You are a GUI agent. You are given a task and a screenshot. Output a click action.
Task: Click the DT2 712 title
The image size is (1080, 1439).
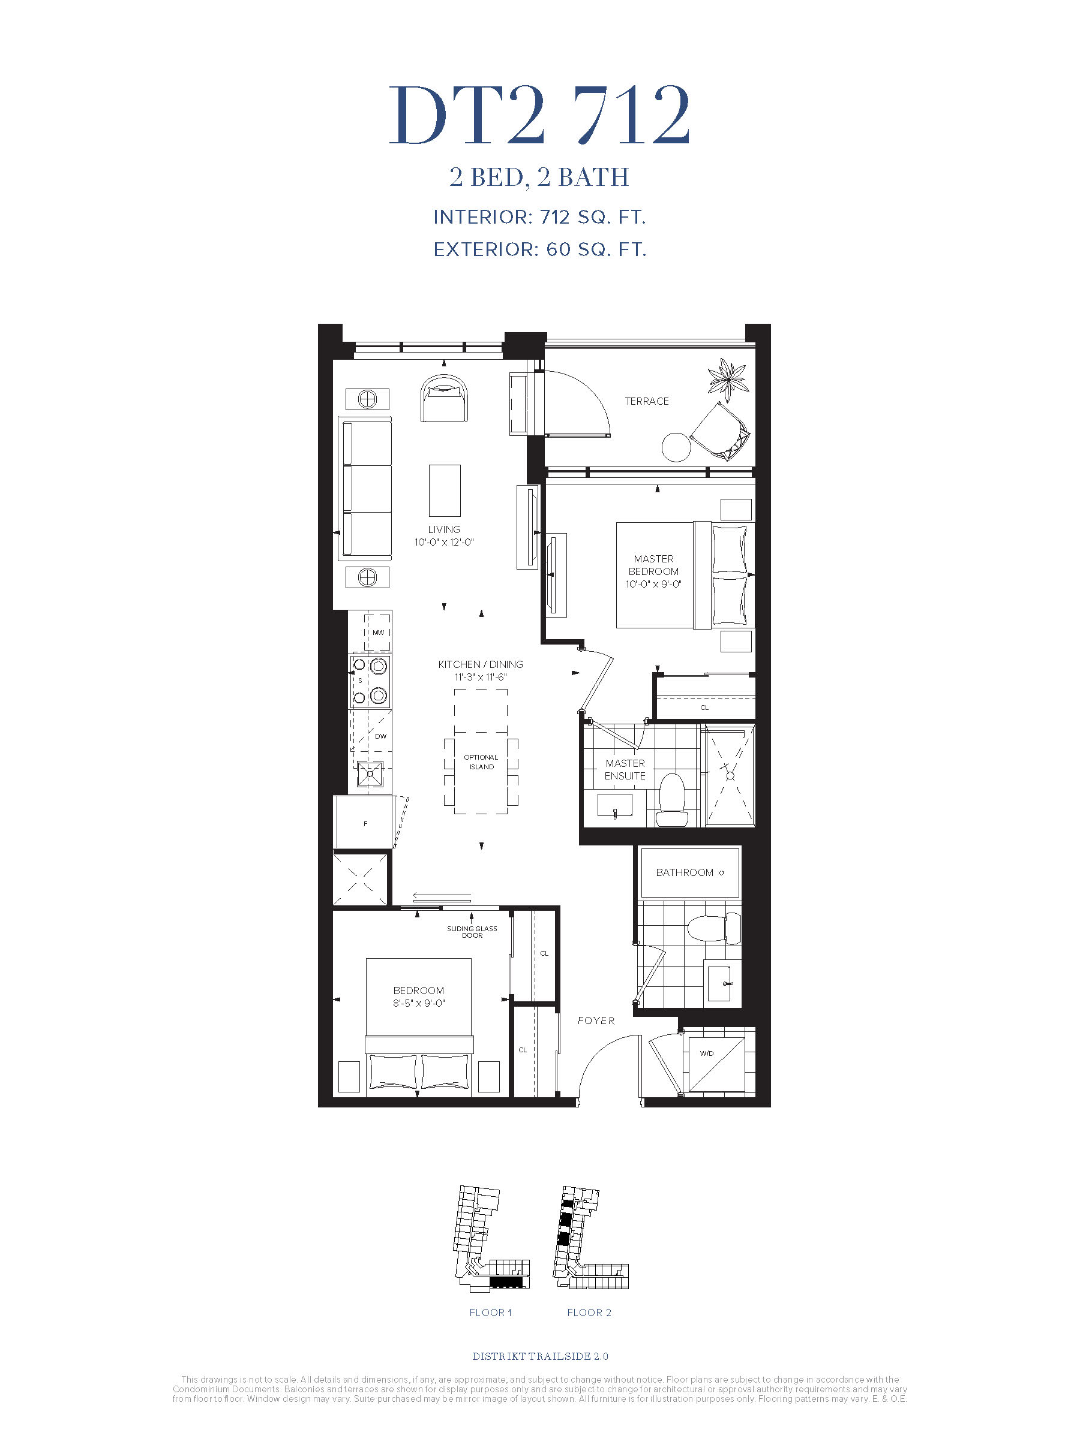[x=539, y=115]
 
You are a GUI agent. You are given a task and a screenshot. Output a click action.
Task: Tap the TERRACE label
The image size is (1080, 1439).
[x=646, y=401]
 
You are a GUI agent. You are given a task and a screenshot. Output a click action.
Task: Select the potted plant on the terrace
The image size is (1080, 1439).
[x=728, y=380]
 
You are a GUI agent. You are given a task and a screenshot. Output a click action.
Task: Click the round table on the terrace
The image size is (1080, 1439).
[x=676, y=447]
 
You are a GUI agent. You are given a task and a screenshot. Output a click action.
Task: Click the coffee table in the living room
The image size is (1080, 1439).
[x=445, y=490]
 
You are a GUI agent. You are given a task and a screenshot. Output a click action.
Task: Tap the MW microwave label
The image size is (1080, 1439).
[x=378, y=633]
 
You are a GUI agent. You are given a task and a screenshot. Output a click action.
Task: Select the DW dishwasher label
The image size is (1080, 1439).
[x=381, y=736]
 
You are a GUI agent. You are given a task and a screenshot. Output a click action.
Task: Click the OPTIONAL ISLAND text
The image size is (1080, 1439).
[x=481, y=762]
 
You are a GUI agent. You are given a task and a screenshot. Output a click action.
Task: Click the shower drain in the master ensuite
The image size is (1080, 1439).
[x=730, y=776]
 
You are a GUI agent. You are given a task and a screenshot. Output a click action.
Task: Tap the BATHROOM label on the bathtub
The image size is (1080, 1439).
[x=684, y=872]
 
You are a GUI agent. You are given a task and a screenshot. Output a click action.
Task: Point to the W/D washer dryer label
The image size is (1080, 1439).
[x=706, y=1053]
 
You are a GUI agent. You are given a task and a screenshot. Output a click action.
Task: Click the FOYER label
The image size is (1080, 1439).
[x=596, y=1020]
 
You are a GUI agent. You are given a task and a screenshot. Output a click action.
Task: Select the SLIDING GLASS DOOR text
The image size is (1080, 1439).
[x=472, y=932]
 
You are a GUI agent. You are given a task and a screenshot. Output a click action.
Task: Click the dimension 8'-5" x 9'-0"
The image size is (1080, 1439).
[x=419, y=1003]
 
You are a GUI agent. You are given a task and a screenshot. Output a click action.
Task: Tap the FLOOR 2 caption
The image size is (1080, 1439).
[x=589, y=1313]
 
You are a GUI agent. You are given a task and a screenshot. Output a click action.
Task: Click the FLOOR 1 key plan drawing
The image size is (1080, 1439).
[x=491, y=1238]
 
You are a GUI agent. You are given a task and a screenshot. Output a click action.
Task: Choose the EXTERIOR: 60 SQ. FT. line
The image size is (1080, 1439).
[x=539, y=250]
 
